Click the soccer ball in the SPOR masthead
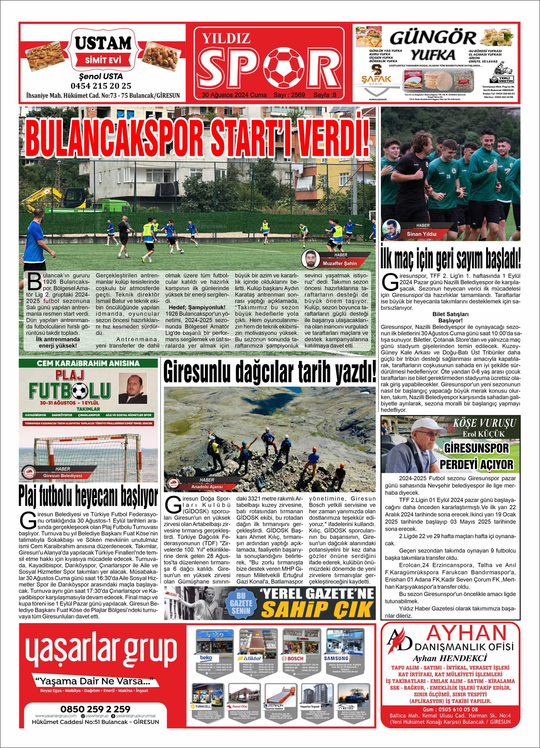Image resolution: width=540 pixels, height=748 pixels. coord(284,67)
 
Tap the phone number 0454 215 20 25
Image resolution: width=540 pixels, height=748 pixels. coord(101,86)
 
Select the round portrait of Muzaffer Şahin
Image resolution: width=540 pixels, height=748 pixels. coord(310,259)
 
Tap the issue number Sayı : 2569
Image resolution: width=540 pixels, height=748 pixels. coord(289,95)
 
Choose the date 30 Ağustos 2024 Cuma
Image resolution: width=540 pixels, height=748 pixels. coord(234,95)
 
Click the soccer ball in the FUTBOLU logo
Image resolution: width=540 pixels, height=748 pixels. coord(80,391)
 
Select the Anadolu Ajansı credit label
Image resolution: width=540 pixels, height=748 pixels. coord(207,487)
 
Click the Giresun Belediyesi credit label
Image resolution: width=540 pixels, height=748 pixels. coord(63,476)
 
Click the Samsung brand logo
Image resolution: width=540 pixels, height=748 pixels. coord(336,658)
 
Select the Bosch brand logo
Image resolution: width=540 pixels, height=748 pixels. coord(293,658)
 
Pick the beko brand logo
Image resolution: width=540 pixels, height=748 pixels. coord(206,658)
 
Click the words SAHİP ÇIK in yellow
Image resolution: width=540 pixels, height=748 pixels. coord(317,610)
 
